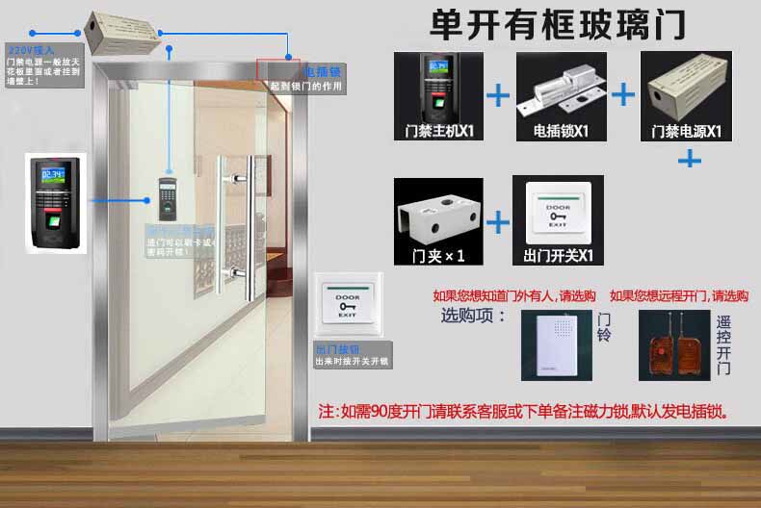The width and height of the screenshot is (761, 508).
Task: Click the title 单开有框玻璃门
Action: click(559, 24)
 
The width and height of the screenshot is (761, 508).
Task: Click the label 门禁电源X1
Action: click(687, 131)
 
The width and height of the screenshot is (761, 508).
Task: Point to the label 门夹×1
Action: click(437, 256)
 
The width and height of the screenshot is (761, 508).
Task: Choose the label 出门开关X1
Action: click(559, 256)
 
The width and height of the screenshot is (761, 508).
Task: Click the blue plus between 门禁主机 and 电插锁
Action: click(498, 95)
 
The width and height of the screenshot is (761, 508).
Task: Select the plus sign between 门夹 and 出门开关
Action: click(498, 222)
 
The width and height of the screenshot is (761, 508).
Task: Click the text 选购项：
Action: click(473, 315)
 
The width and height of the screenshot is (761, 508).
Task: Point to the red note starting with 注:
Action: click(522, 411)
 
